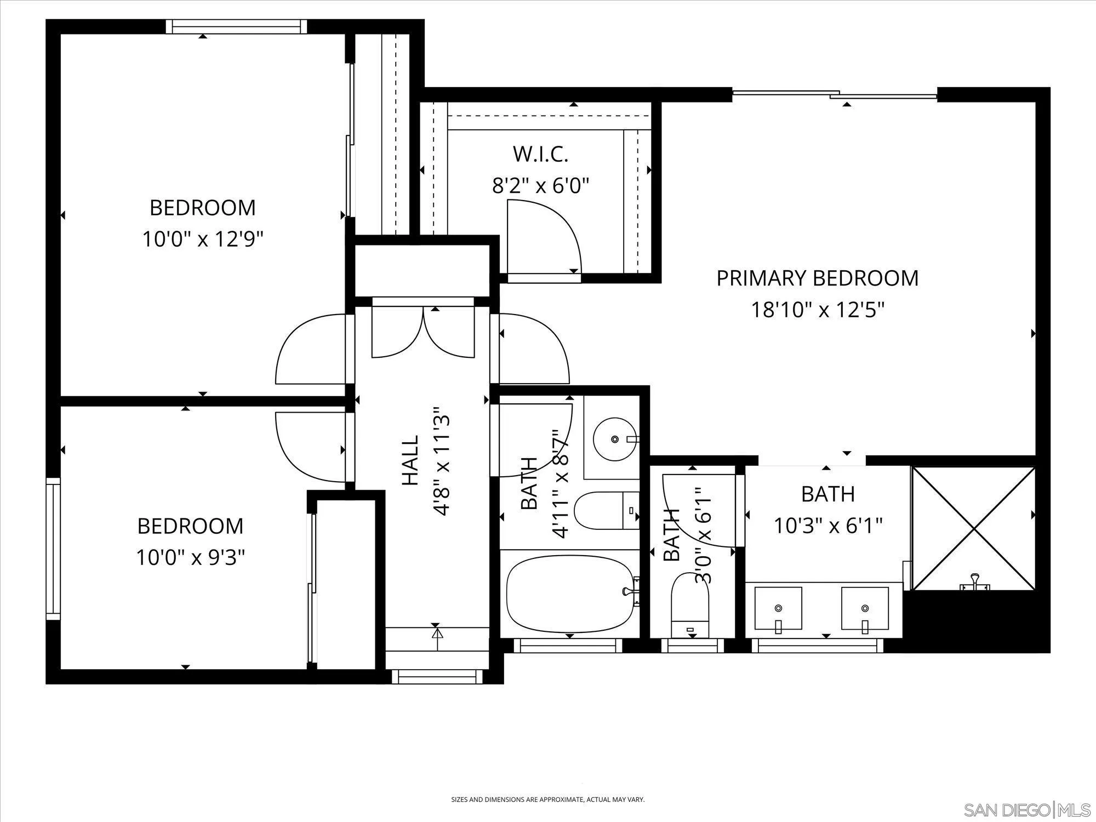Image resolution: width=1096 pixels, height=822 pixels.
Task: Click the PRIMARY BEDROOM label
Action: point(817,278)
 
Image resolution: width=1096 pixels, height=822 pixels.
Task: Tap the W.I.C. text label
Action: point(540,155)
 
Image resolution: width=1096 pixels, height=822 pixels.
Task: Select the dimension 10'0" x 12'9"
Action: point(203,239)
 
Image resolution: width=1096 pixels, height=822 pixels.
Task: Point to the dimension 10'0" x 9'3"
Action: point(190,558)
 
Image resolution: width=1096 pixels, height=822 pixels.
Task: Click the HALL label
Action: point(410,460)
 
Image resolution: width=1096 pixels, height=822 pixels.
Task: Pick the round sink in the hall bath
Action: point(615,439)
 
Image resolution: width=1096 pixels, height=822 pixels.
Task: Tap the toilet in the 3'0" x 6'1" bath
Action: point(690,603)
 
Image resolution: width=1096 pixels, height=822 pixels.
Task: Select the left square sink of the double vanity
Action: point(778,608)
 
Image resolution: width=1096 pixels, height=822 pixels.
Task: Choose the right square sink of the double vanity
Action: point(865,608)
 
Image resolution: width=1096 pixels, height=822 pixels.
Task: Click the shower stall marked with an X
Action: point(973,529)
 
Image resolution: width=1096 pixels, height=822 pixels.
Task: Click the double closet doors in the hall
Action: point(423,332)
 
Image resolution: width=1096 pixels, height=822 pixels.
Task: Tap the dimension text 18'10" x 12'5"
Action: point(817,311)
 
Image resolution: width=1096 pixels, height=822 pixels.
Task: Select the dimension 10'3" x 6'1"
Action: point(827,526)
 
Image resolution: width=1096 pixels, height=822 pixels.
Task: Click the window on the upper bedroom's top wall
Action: point(236,26)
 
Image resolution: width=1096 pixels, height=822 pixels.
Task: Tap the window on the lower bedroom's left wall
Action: point(53,548)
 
